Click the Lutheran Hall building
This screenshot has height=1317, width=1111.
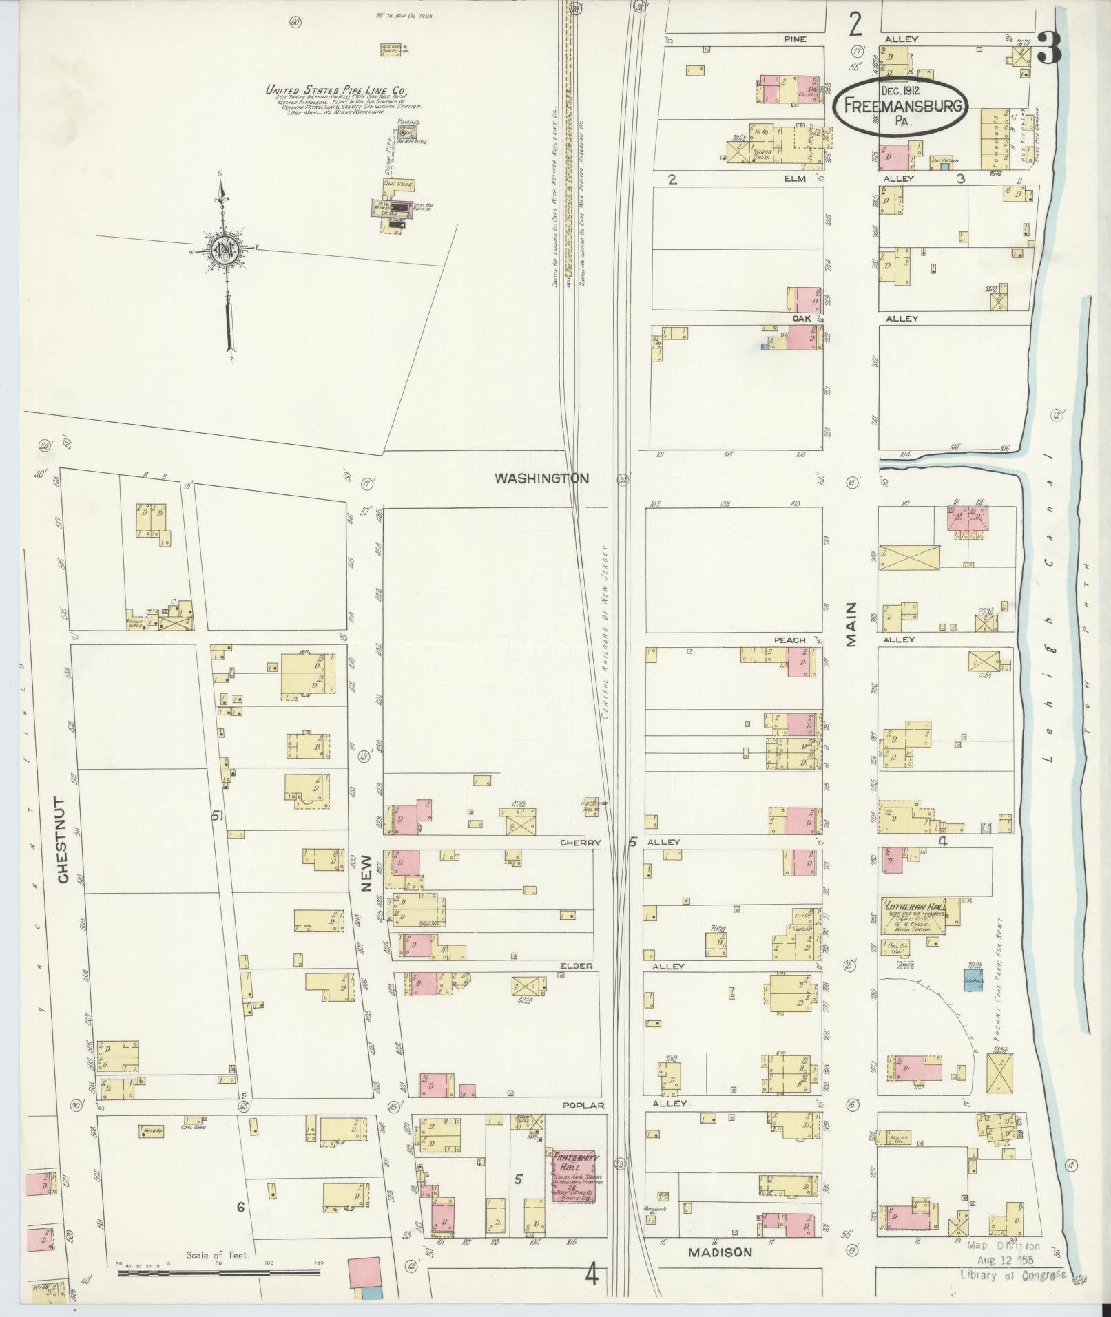pos(912,916)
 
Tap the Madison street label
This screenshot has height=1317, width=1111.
pos(720,1252)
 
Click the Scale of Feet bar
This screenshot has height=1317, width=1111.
pos(220,1274)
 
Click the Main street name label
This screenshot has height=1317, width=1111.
pos(852,624)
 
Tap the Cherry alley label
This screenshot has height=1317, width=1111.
pos(580,842)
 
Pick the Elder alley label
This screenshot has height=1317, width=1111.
pos(576,966)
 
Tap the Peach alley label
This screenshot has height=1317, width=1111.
pos(789,640)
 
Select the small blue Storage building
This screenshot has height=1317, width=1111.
pos(972,980)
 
